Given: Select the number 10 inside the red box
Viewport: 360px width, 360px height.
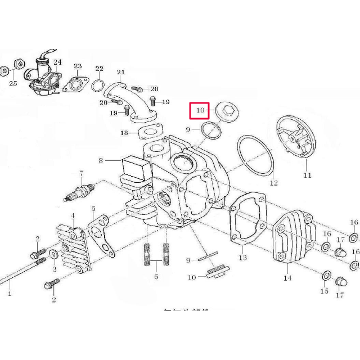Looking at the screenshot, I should click(199, 111).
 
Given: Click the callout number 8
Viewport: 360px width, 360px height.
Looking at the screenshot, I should click(102, 161).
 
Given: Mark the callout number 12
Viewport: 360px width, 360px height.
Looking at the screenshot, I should click(273, 183).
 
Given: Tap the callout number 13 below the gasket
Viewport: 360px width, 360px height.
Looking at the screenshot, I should click(243, 258).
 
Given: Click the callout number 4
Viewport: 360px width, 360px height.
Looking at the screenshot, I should click(72, 215).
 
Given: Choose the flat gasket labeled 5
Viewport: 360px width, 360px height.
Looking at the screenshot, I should click(100, 231).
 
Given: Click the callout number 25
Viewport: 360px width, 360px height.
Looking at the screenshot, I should click(13, 84).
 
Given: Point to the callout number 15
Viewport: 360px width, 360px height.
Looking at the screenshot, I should click(323, 291).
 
